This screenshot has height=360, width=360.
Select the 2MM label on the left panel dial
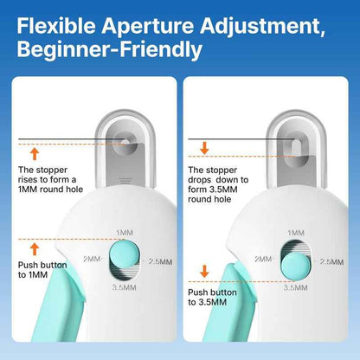[93, 259]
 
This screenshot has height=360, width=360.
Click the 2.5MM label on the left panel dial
[160, 261]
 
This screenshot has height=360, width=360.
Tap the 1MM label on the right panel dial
[295, 233]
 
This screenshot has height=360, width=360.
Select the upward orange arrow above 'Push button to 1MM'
[34, 247]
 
